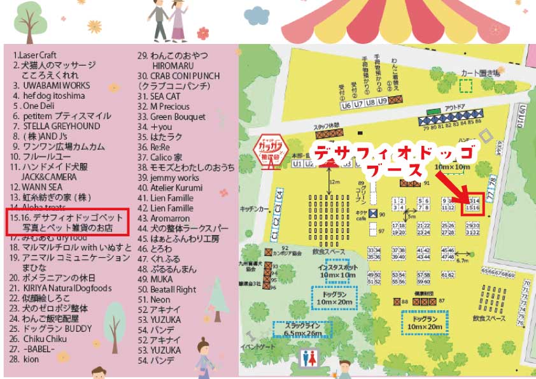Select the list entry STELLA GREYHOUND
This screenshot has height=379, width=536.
click(x=57, y=126)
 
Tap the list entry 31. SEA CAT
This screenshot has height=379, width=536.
click(x=159, y=96)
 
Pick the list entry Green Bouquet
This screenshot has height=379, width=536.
click(x=171, y=117)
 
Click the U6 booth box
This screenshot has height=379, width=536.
click(x=346, y=105)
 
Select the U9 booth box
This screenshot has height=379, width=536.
click(x=383, y=101)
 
